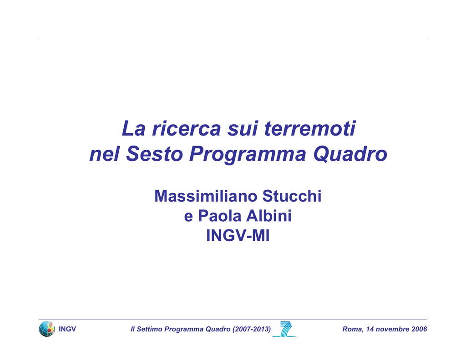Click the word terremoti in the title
[310, 128]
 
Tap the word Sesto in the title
[154, 154]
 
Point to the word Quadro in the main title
[350, 154]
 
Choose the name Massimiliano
[206, 196]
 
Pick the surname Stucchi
[292, 196]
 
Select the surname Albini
[268, 216]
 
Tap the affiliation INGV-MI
[238, 236]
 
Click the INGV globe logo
[47, 329]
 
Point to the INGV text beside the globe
[67, 329]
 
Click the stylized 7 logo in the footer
[285, 329]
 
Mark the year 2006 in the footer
[419, 329]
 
